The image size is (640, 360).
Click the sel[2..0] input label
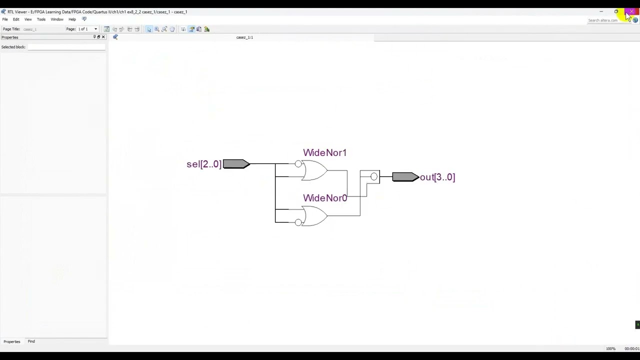tap(203, 164)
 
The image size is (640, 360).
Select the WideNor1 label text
tap(324, 153)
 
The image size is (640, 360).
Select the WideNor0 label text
tap(324, 198)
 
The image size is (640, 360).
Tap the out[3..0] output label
tap(437, 177)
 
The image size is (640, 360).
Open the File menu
tap(5, 19)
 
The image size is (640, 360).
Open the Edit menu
tap(16, 19)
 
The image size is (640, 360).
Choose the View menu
tap(28, 19)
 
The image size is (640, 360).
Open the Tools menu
tap(41, 19)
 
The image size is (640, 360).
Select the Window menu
tap(57, 19)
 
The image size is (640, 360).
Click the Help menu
tap(72, 19)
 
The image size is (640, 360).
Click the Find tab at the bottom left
tap(31, 341)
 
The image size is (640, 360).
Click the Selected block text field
tap(66, 47)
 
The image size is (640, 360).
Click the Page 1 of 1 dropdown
tap(87, 29)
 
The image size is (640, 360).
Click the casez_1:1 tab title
tap(244, 37)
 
